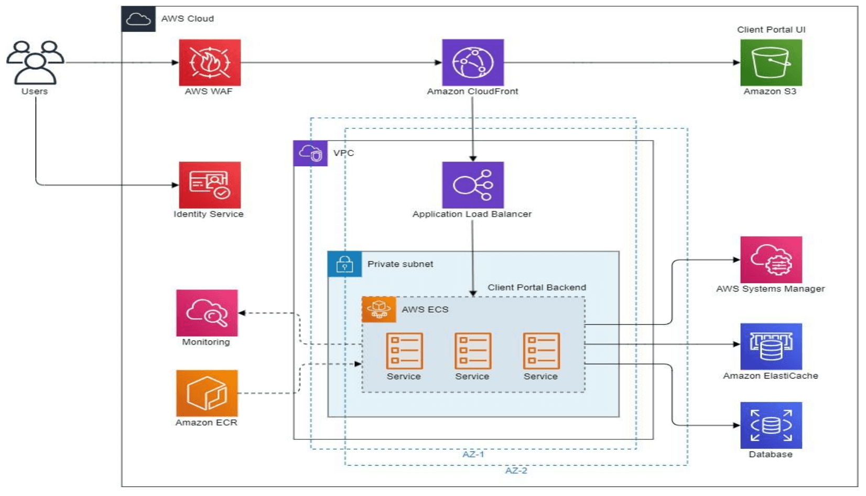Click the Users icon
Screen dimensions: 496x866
tap(35, 62)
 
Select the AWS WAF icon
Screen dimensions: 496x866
tap(210, 62)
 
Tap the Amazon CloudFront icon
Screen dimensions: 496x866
tap(473, 62)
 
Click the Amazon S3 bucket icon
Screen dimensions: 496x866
tap(771, 62)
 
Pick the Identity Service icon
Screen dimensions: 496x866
tap(210, 185)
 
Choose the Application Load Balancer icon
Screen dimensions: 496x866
tap(473, 185)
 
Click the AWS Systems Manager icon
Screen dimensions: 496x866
tap(771, 260)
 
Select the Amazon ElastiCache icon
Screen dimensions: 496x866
tap(771, 347)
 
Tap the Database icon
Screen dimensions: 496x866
tap(771, 425)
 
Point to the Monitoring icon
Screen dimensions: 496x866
tap(207, 313)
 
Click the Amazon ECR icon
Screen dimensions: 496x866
tap(207, 393)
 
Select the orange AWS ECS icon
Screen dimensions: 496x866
tap(378, 309)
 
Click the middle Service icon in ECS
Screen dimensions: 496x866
tap(473, 351)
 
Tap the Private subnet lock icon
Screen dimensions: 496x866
tap(344, 264)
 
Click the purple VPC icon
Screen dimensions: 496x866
tap(310, 153)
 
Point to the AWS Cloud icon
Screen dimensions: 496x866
tap(138, 19)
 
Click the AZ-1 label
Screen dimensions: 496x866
tap(473, 454)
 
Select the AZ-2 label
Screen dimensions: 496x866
tap(516, 470)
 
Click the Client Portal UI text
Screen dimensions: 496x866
tap(771, 30)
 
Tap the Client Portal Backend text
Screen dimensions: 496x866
tap(537, 287)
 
